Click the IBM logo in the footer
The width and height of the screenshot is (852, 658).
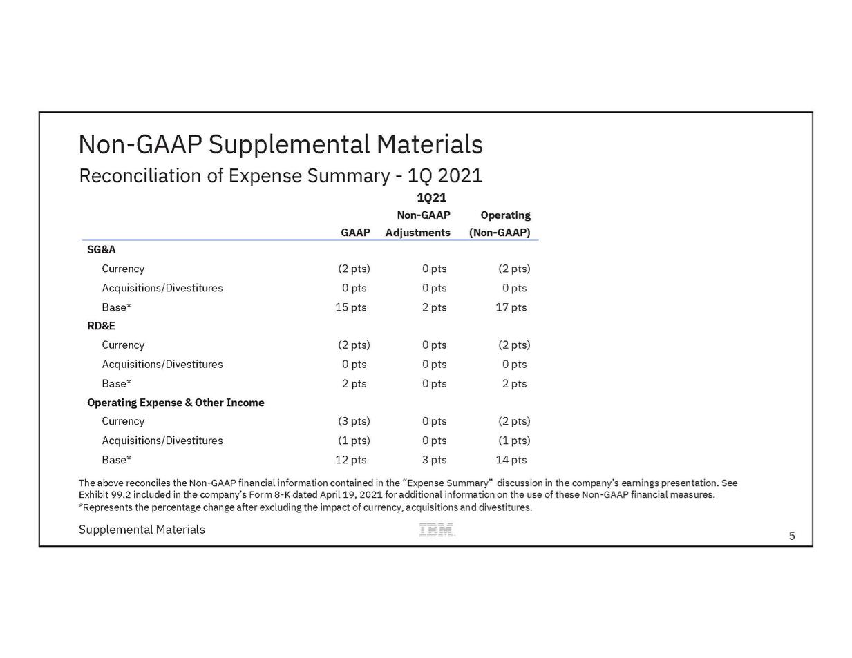point(437,530)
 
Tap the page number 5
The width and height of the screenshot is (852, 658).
point(792,536)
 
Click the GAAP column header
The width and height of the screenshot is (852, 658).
point(355,233)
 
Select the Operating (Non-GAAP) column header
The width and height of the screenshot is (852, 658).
point(500,224)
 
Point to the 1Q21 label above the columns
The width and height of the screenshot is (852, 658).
point(431,197)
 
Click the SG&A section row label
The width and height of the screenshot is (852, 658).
point(101,249)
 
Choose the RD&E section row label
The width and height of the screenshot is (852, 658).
point(101,326)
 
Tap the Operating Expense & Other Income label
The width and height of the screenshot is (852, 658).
point(176,403)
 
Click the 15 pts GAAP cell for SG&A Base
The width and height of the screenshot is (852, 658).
point(351,307)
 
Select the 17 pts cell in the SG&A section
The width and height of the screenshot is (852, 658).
point(511,307)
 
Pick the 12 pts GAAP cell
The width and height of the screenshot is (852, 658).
point(351,460)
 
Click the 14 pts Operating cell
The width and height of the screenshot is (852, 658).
point(511,460)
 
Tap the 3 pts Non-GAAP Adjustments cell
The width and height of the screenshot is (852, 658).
point(434,460)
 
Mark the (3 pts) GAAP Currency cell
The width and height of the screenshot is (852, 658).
point(354,421)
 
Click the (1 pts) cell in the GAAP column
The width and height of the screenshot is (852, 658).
point(354,441)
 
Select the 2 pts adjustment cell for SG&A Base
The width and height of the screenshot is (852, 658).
point(434,307)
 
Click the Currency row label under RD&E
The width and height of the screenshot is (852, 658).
point(123,345)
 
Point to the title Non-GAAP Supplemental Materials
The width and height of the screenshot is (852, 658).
point(281,144)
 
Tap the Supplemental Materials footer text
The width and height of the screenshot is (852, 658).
point(142,530)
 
